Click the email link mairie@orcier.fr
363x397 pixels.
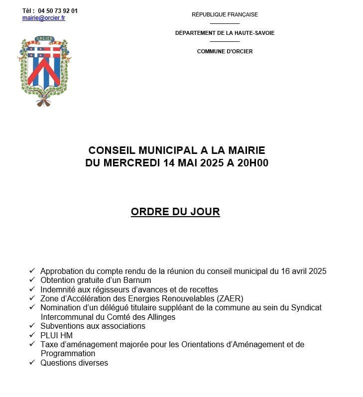coord(44,18)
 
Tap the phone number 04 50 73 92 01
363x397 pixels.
coord(58,10)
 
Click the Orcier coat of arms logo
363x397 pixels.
coord(45,70)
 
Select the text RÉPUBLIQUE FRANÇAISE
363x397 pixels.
coord(225,14)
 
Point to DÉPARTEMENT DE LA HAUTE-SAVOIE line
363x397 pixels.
coord(225,33)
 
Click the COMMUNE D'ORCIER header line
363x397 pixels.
coord(225,51)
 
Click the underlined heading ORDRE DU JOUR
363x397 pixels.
coord(175,212)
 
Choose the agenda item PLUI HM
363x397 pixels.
coord(56,335)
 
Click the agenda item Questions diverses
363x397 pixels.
coord(74,363)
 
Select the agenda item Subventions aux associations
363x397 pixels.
coord(93,326)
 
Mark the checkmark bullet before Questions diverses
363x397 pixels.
coord(32,362)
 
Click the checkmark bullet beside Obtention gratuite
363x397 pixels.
coord(32,279)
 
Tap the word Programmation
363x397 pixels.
coord(67,353)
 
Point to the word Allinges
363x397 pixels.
coord(159,317)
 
